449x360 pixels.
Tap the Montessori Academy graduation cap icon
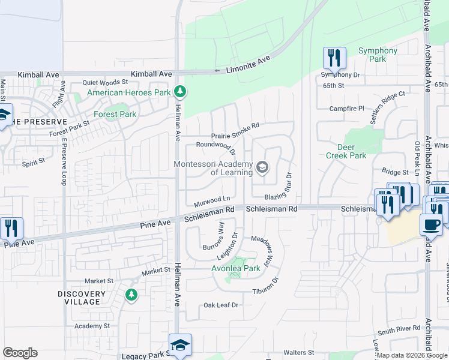point(262,167)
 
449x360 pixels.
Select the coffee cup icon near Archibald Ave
point(431,225)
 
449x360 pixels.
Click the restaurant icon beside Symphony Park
point(334,58)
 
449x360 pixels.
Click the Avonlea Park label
point(236,268)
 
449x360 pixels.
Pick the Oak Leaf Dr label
point(221,305)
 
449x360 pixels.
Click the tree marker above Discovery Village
point(131,295)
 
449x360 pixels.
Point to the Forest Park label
point(115,114)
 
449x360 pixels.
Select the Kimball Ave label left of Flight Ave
point(38,74)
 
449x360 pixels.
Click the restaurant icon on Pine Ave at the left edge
point(11,229)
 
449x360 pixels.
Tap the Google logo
point(20,353)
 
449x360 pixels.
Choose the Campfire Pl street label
point(346,109)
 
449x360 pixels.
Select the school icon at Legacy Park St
point(180,345)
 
